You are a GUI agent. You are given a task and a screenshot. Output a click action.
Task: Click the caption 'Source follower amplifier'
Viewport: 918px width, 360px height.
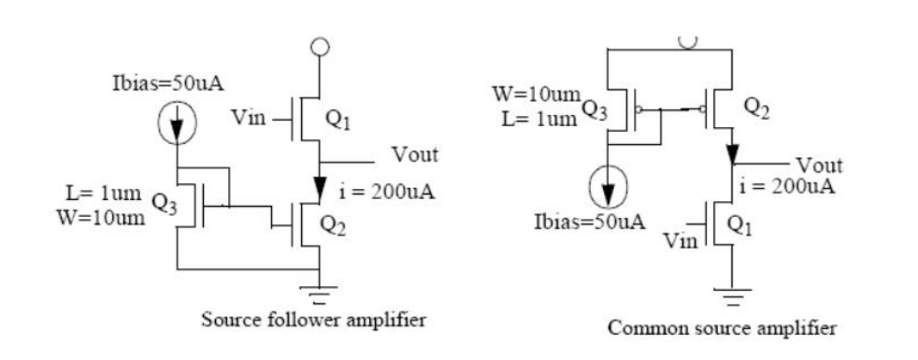pos(314,320)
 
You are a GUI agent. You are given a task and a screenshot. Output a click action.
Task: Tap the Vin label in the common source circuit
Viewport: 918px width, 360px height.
pos(680,242)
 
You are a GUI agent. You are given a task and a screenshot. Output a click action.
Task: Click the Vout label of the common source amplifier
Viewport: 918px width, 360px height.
pos(820,166)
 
